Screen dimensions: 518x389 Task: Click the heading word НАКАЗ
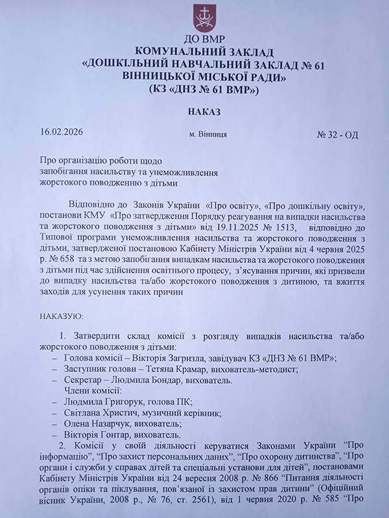click(204, 111)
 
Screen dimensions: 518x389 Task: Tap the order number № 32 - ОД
click(337, 135)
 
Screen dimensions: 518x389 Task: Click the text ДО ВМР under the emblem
click(204, 40)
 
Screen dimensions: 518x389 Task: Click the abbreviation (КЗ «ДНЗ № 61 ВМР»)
click(204, 89)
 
